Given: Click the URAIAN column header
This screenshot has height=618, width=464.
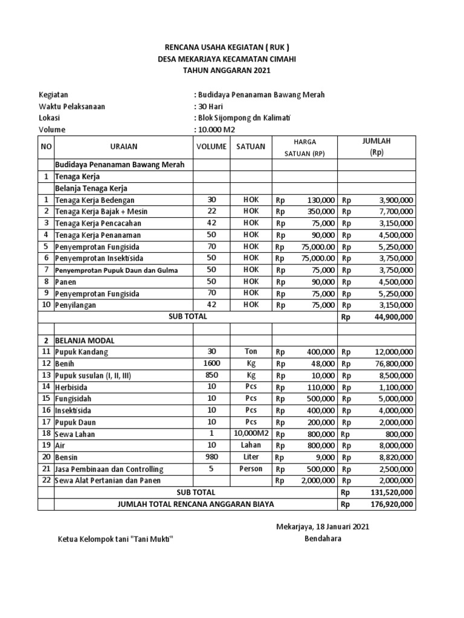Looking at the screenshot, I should point(123,147).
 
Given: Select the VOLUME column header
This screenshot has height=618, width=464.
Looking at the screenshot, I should point(211,147).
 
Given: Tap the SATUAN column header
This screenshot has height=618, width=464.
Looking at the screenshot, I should point(251,147).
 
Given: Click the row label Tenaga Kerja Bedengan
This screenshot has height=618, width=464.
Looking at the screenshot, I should point(95,200).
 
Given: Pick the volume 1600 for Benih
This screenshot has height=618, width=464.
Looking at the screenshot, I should point(211,363).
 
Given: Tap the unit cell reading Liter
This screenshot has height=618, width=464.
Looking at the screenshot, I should point(251,457).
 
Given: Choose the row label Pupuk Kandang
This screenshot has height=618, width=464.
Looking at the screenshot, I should point(82,352).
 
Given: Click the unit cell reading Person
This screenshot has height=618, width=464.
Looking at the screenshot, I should point(251,469).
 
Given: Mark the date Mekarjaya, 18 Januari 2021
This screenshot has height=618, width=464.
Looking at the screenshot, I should point(323,526).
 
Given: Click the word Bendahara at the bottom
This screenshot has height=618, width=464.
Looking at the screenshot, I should point(323,538).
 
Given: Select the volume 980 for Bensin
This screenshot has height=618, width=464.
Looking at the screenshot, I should point(211,457).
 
